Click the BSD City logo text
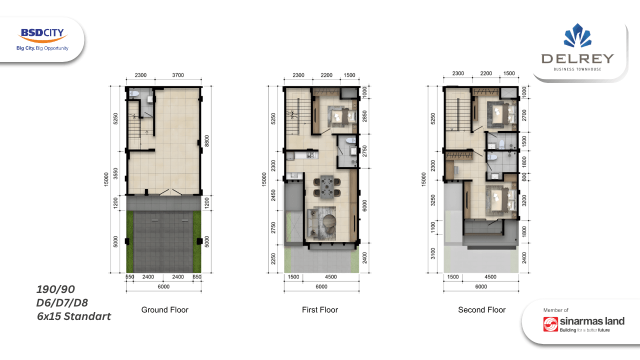pyautogui.click(x=42, y=32)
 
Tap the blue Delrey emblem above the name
pyautogui.click(x=577, y=35)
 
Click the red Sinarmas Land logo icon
pyautogui.click(x=550, y=324)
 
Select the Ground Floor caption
pyautogui.click(x=165, y=309)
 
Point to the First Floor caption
pyautogui.click(x=320, y=309)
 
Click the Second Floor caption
pyautogui.click(x=481, y=309)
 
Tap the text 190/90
pyautogui.click(x=55, y=289)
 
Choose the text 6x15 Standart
pyautogui.click(x=73, y=316)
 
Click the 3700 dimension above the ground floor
pyautogui.click(x=177, y=75)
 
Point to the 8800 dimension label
pyautogui.click(x=207, y=141)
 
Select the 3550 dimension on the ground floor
pyautogui.click(x=115, y=173)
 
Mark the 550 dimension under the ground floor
pyautogui.click(x=129, y=276)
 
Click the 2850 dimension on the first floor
pyautogui.click(x=364, y=116)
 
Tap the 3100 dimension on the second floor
pyautogui.click(x=433, y=253)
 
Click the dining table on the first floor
pyautogui.click(x=326, y=187)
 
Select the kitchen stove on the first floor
pyautogui.click(x=310, y=155)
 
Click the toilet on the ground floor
pyautogui.click(x=133, y=93)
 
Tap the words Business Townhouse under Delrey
pyautogui.click(x=577, y=69)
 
